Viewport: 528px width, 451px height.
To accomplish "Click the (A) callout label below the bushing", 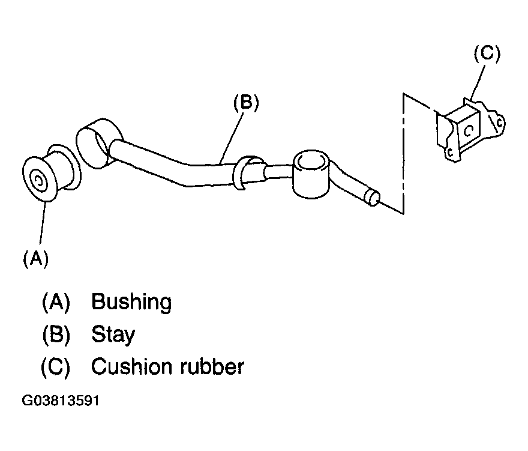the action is pos(35,259).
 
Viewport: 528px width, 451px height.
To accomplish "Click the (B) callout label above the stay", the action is pos(246,102).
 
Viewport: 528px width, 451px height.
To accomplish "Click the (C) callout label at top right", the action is pos(487,53).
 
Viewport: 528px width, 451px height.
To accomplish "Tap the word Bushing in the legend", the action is pos(131,302).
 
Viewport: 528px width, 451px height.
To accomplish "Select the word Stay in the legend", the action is pos(113,334).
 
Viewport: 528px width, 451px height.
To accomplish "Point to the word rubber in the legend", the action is pos(212,366).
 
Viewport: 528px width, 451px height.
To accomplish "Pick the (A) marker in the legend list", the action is pos(56,302).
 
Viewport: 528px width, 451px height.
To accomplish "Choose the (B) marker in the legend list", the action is pos(56,334).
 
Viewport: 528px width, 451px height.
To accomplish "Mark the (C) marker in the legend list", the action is pos(56,366).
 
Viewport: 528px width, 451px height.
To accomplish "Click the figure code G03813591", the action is pos(61,401).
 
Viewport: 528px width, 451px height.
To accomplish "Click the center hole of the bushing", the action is pos(38,182).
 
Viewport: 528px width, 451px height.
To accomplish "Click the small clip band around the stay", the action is pos(243,172).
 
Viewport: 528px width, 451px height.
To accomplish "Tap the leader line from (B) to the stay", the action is pos(232,138).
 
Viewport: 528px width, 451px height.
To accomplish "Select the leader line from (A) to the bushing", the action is pos(42,222).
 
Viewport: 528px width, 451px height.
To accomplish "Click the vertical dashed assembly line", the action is pos(403,153).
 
